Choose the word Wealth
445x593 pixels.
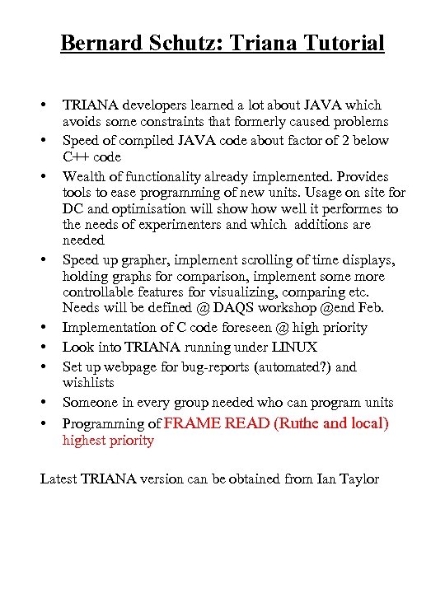(x=83, y=176)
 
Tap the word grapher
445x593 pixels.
(x=139, y=260)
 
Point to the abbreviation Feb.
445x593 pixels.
(x=372, y=308)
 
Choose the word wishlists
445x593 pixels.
(x=88, y=383)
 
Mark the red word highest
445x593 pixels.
(x=85, y=441)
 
